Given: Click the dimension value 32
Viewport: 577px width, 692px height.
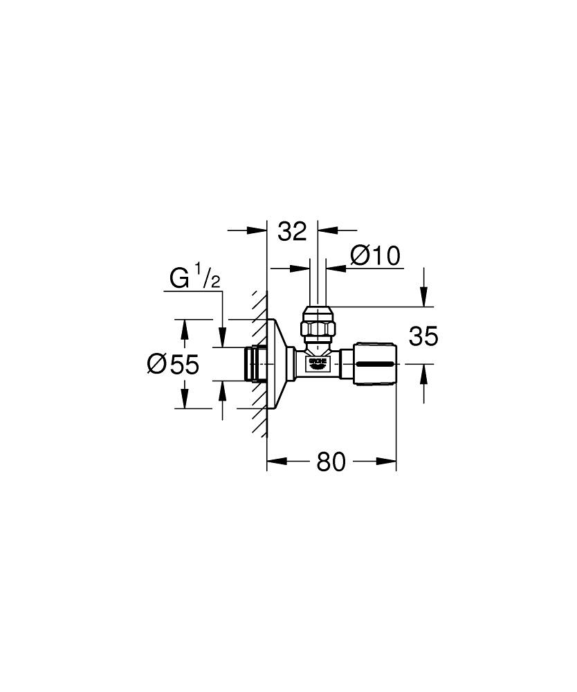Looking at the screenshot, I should tap(291, 232).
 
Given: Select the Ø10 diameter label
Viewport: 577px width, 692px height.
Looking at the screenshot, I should tap(375, 256).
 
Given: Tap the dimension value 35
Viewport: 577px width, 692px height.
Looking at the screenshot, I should tap(423, 337).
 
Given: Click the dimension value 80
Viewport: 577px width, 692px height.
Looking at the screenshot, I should tap(331, 462).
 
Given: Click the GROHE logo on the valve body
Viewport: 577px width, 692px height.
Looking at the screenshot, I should tap(317, 362).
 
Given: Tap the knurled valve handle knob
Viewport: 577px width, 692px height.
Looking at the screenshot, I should tap(375, 363).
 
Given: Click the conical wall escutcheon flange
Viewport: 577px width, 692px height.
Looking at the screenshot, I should tap(277, 363).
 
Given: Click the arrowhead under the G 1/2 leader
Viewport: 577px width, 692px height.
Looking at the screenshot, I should tap(221, 340).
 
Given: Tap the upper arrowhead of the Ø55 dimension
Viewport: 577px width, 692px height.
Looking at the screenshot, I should tap(184, 325).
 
